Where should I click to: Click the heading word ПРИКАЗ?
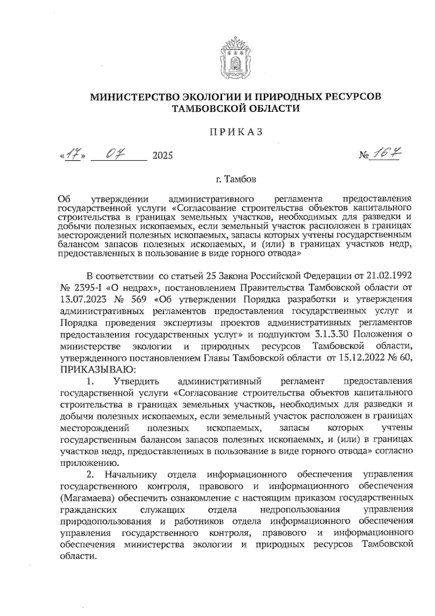tap(236, 132)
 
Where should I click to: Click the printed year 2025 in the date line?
tap(162, 156)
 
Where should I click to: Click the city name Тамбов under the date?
tap(240, 179)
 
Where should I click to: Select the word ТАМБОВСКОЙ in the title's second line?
tap(211, 108)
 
